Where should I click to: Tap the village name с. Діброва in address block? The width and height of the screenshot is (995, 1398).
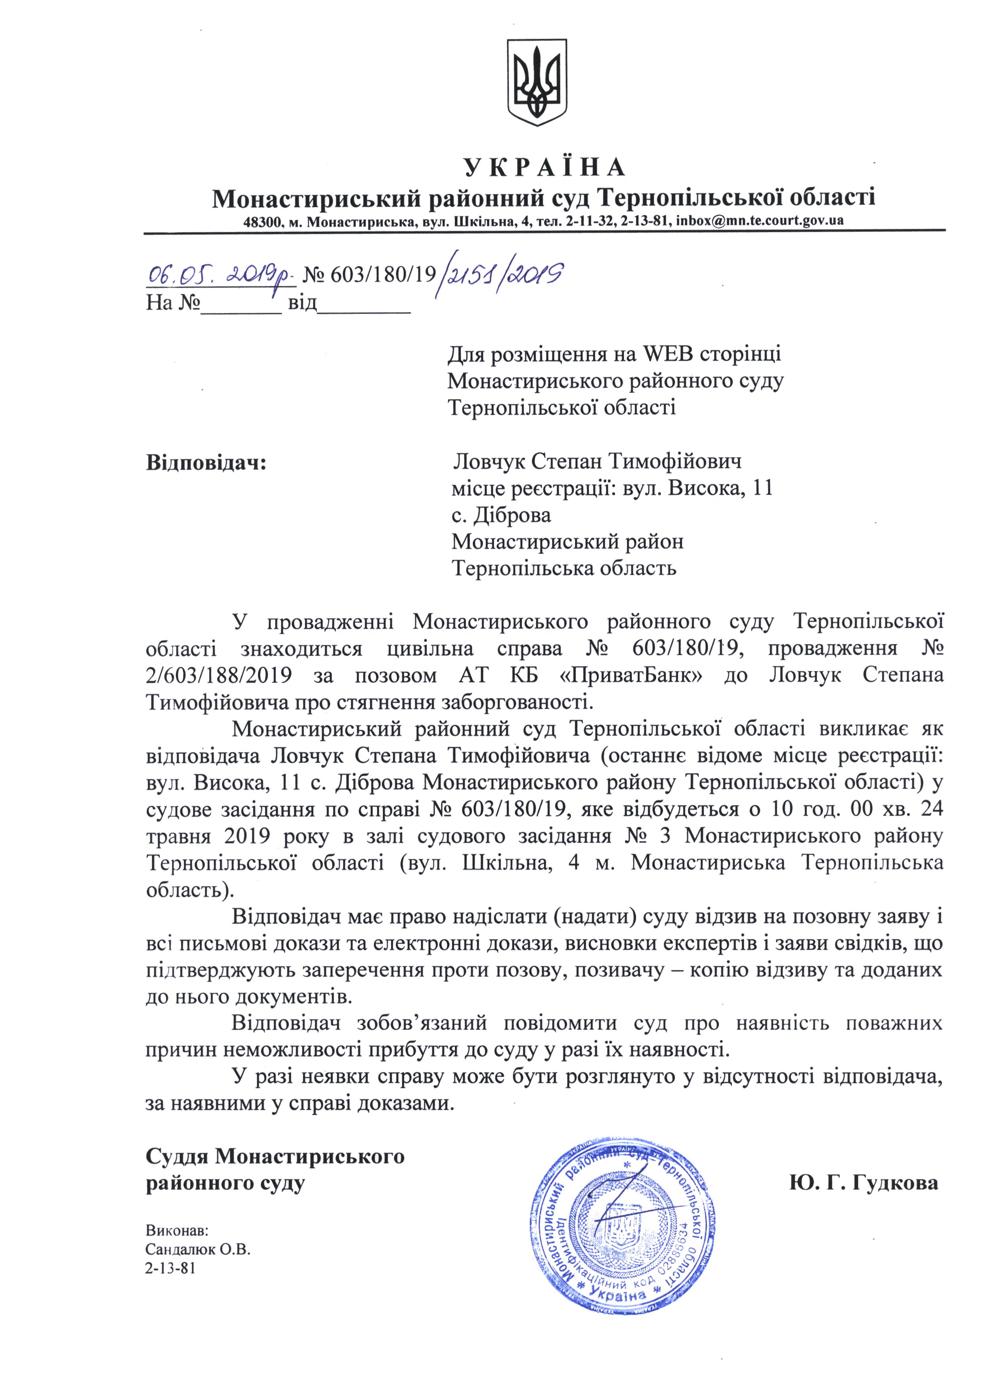(x=501, y=515)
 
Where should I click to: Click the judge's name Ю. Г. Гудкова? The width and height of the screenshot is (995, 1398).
(x=864, y=1183)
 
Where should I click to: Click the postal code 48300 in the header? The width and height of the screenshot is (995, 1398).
(x=262, y=221)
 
